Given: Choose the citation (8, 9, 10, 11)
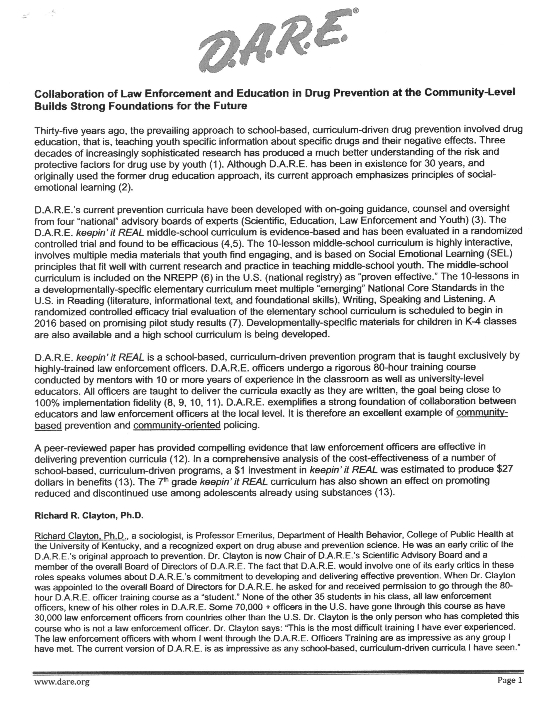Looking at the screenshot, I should (x=192, y=403).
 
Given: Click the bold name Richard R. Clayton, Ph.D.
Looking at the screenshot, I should (x=89, y=516).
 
